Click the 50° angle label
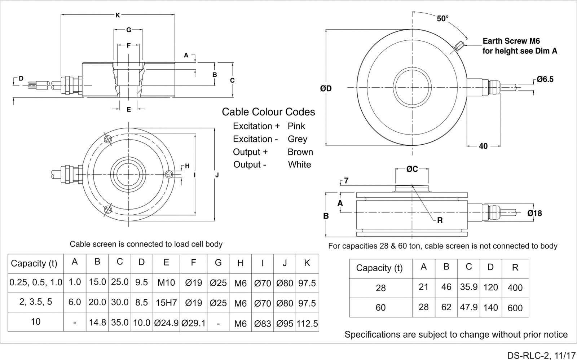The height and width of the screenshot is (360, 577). (442, 19)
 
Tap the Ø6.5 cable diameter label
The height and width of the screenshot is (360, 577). (545, 79)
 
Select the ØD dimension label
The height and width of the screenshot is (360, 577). (326, 88)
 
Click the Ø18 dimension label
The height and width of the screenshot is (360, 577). (534, 214)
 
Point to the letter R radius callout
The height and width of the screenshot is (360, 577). (440, 220)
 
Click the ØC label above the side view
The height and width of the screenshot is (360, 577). (412, 169)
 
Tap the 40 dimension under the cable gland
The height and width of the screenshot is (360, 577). (483, 146)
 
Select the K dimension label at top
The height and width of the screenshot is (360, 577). (118, 16)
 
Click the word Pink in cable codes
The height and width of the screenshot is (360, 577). (296, 126)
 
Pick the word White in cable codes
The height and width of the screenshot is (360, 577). (299, 165)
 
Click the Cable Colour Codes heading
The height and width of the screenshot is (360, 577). (268, 112)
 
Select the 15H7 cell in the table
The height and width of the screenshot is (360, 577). (166, 303)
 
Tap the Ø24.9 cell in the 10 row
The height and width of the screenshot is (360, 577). (166, 323)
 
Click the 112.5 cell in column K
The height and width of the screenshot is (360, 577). (307, 324)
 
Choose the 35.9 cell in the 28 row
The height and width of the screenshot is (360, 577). (468, 287)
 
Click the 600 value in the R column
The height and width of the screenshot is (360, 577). (515, 308)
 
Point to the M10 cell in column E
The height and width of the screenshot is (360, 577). (166, 282)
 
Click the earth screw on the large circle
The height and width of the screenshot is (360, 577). (459, 46)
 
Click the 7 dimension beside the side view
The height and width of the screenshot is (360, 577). (346, 181)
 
